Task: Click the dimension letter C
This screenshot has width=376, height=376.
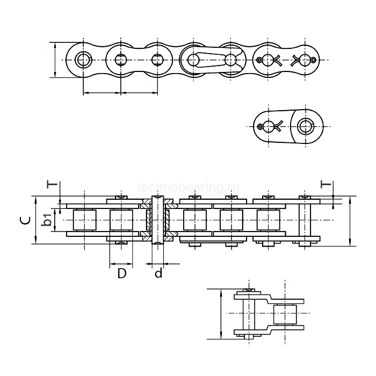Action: click(24, 221)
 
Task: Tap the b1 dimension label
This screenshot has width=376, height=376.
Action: click(47, 220)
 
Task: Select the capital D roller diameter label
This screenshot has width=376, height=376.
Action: click(121, 273)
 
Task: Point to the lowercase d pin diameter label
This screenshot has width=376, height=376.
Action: click(158, 273)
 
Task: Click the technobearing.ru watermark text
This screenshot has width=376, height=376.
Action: click(188, 187)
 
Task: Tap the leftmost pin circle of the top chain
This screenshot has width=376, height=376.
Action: click(83, 59)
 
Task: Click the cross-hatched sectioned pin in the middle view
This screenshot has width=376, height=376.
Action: click(157, 221)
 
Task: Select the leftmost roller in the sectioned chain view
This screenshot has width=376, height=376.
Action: click(84, 221)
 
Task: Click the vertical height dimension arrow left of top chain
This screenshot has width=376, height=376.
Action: click(56, 59)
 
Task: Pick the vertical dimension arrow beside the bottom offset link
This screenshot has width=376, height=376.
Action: click(221, 314)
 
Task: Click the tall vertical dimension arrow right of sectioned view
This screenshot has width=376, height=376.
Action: click(350, 221)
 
